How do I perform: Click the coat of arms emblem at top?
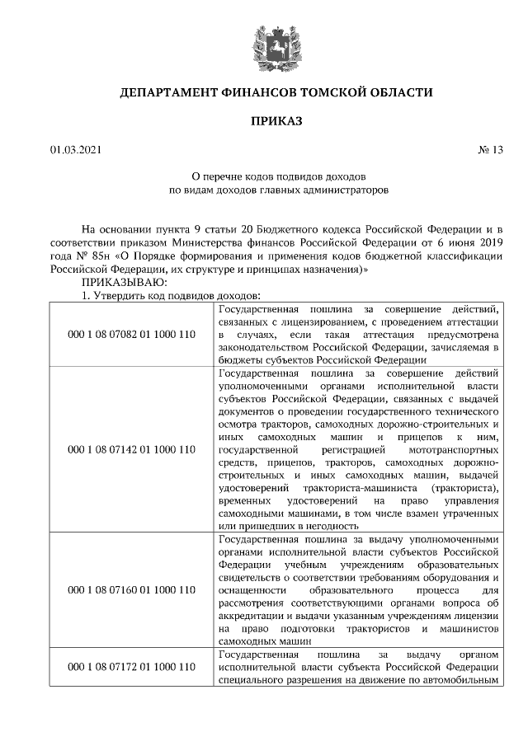tap(263, 43)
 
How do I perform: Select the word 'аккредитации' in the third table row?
tap(252, 615)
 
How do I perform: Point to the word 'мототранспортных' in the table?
tap(453, 451)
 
